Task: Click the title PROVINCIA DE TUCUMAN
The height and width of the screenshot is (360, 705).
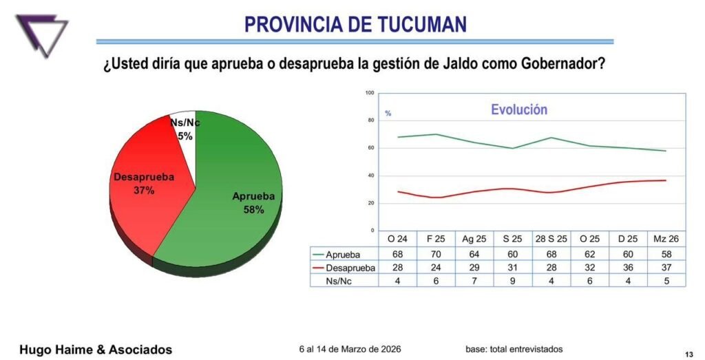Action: [355, 25]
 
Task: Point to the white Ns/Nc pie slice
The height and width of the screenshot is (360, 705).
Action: [185, 124]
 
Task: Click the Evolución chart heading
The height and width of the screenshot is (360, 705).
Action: [518, 109]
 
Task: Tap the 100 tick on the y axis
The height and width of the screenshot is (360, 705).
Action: [370, 93]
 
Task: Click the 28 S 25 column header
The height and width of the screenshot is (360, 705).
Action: [551, 239]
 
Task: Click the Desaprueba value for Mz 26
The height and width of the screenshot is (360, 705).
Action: [666, 267]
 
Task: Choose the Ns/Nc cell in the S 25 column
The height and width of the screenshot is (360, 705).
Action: [512, 280]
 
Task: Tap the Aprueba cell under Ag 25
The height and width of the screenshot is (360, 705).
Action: [474, 253]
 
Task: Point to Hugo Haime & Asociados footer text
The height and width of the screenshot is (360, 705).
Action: [96, 350]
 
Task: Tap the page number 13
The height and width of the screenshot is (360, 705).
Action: [689, 352]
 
